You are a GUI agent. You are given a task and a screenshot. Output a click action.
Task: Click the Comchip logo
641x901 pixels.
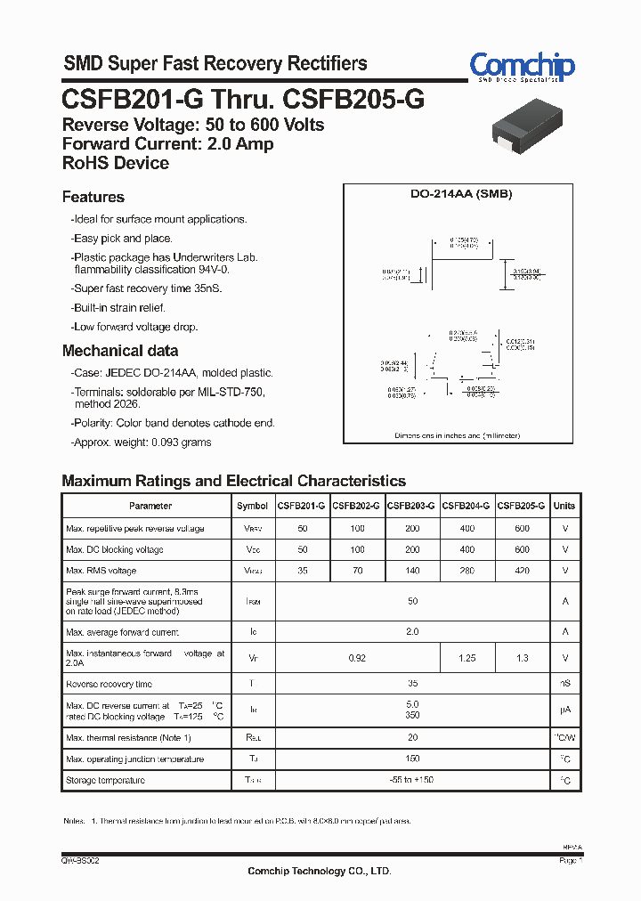click(x=522, y=67)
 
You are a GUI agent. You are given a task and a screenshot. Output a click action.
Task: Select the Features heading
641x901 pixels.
click(x=93, y=197)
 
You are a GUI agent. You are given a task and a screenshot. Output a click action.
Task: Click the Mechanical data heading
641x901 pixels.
click(x=120, y=351)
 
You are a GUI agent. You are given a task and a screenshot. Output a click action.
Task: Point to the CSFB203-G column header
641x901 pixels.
click(x=411, y=506)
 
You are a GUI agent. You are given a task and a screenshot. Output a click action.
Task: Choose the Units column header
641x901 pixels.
click(x=564, y=506)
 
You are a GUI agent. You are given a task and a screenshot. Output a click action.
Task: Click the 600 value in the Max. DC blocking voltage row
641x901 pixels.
click(x=522, y=549)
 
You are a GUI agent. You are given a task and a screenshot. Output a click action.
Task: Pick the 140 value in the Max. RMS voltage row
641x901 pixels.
click(x=412, y=571)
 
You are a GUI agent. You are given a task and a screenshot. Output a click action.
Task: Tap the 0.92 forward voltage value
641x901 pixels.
click(x=357, y=658)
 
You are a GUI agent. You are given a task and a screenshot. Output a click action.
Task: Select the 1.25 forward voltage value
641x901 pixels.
click(x=467, y=658)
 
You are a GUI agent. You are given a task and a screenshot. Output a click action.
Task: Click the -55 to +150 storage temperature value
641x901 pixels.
click(x=412, y=780)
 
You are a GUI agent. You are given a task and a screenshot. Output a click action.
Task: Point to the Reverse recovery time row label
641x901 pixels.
click(x=110, y=684)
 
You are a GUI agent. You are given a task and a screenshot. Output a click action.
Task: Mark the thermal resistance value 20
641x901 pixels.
click(x=412, y=737)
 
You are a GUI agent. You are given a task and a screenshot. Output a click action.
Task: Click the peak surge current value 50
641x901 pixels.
click(x=412, y=601)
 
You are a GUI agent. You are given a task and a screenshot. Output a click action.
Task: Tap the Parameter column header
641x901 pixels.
click(x=150, y=506)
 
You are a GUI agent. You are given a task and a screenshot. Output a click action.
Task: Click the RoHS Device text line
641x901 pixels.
click(x=116, y=163)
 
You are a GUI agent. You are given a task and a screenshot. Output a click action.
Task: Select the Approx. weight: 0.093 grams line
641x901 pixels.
click(x=142, y=442)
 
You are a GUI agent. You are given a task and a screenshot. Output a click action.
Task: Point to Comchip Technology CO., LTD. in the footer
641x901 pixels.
click(x=319, y=871)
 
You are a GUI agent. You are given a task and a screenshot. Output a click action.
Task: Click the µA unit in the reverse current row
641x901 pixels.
click(x=564, y=710)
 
